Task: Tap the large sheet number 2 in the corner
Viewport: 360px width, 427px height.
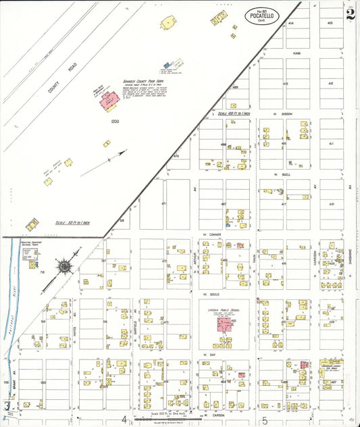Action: [349, 14]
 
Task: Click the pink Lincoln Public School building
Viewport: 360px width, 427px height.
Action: [222, 324]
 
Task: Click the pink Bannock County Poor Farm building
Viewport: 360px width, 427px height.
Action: [107, 100]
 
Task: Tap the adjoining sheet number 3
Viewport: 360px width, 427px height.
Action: [7, 405]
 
